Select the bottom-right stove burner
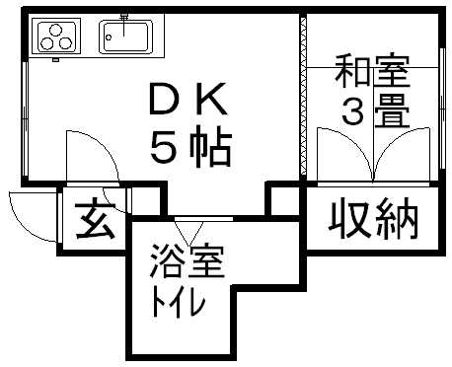(66, 43)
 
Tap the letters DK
(188, 100)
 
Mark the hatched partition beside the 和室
(298, 99)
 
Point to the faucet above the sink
(124, 18)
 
